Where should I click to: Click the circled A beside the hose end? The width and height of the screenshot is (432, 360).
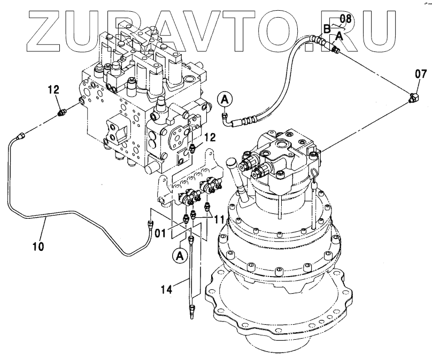pyautogui.click(x=225, y=98)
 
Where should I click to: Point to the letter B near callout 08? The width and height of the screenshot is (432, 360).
pyautogui.click(x=327, y=28)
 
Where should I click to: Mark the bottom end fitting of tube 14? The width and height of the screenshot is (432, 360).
pyautogui.click(x=191, y=310)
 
